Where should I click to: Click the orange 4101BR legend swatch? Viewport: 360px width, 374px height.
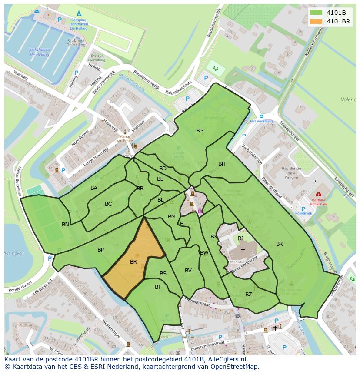tap(316, 21)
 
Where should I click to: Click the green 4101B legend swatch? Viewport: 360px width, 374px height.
tap(316, 13)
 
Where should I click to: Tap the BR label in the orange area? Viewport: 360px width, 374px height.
tap(133, 262)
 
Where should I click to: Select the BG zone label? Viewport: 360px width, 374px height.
tap(200, 130)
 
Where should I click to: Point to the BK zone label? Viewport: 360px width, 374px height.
tap(280, 244)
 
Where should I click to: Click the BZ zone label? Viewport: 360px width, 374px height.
tap(249, 294)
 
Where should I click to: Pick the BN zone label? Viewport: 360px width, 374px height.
tap(65, 225)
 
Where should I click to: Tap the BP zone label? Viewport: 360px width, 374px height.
tap(100, 249)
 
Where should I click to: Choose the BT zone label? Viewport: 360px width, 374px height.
tap(158, 287)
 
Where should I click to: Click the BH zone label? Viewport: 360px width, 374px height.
tap(222, 164)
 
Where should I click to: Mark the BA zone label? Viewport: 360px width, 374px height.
tap(94, 188)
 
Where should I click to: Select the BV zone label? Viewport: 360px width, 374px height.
tap(188, 270)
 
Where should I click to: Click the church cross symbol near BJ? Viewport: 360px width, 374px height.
tap(243, 250)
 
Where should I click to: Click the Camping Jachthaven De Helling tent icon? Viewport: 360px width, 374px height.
tap(79, 13)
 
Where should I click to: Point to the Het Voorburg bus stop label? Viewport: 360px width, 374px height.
tap(261, 121)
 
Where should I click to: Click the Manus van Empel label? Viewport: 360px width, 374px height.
tap(124, 138)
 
